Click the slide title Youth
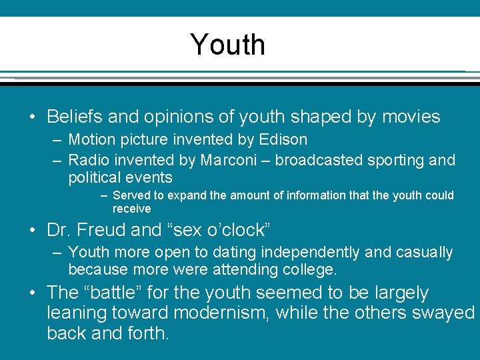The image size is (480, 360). tap(228, 45)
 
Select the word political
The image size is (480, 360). tap(94, 177)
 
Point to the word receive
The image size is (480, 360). tap(132, 209)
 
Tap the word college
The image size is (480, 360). tap(309, 269)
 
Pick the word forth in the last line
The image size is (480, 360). tap(144, 332)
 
